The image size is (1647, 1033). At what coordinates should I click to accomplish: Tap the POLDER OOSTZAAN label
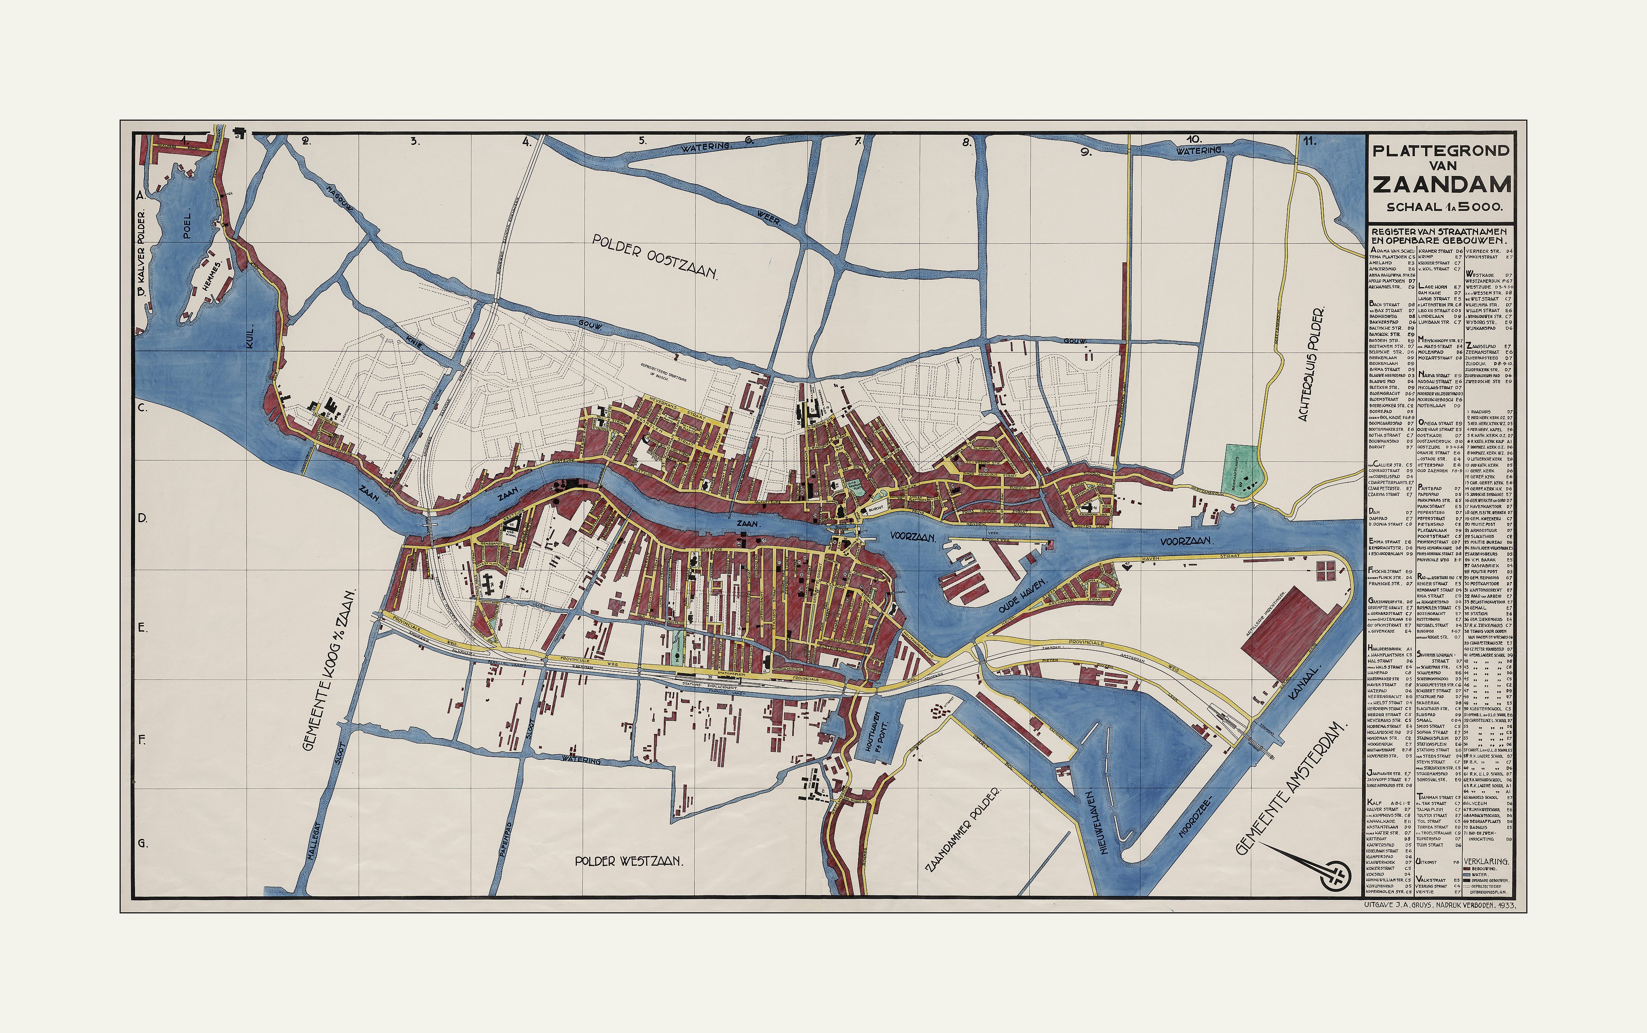656,256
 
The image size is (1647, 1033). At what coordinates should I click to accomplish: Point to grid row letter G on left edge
143,843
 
